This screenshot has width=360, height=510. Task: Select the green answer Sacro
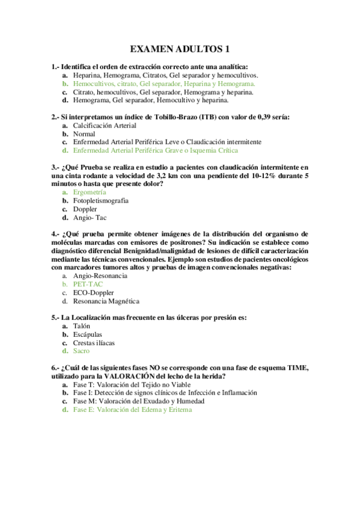81,351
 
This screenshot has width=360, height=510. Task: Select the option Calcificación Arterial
105,125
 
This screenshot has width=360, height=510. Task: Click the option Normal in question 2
84,134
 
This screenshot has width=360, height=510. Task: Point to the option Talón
82,325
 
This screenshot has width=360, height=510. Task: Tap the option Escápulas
87,334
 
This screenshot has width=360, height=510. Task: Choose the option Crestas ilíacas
94,342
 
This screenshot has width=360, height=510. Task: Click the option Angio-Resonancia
100,275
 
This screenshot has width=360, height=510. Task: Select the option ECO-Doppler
94,292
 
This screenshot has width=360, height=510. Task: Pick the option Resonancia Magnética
106,301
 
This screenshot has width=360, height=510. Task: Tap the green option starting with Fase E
132,409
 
